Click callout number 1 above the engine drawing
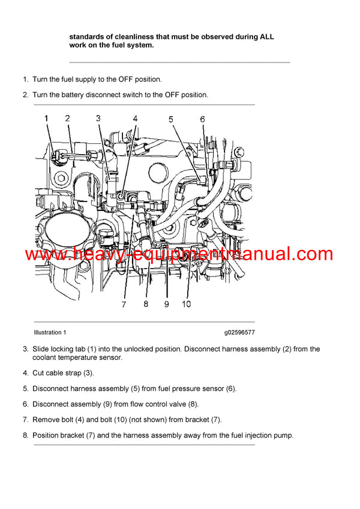pos(46,119)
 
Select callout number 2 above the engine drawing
pos(67,119)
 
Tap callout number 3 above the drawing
pos(98,119)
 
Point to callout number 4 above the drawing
pos(136,119)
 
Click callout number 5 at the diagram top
pos(171,119)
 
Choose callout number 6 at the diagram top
pos(202,119)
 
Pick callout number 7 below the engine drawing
pos(124,304)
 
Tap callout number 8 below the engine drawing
pos(145,304)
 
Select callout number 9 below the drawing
pos(166,304)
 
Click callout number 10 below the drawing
pos(186,304)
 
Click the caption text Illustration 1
pos(50,332)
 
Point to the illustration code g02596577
pos(239,332)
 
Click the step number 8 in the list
pos(25,435)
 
